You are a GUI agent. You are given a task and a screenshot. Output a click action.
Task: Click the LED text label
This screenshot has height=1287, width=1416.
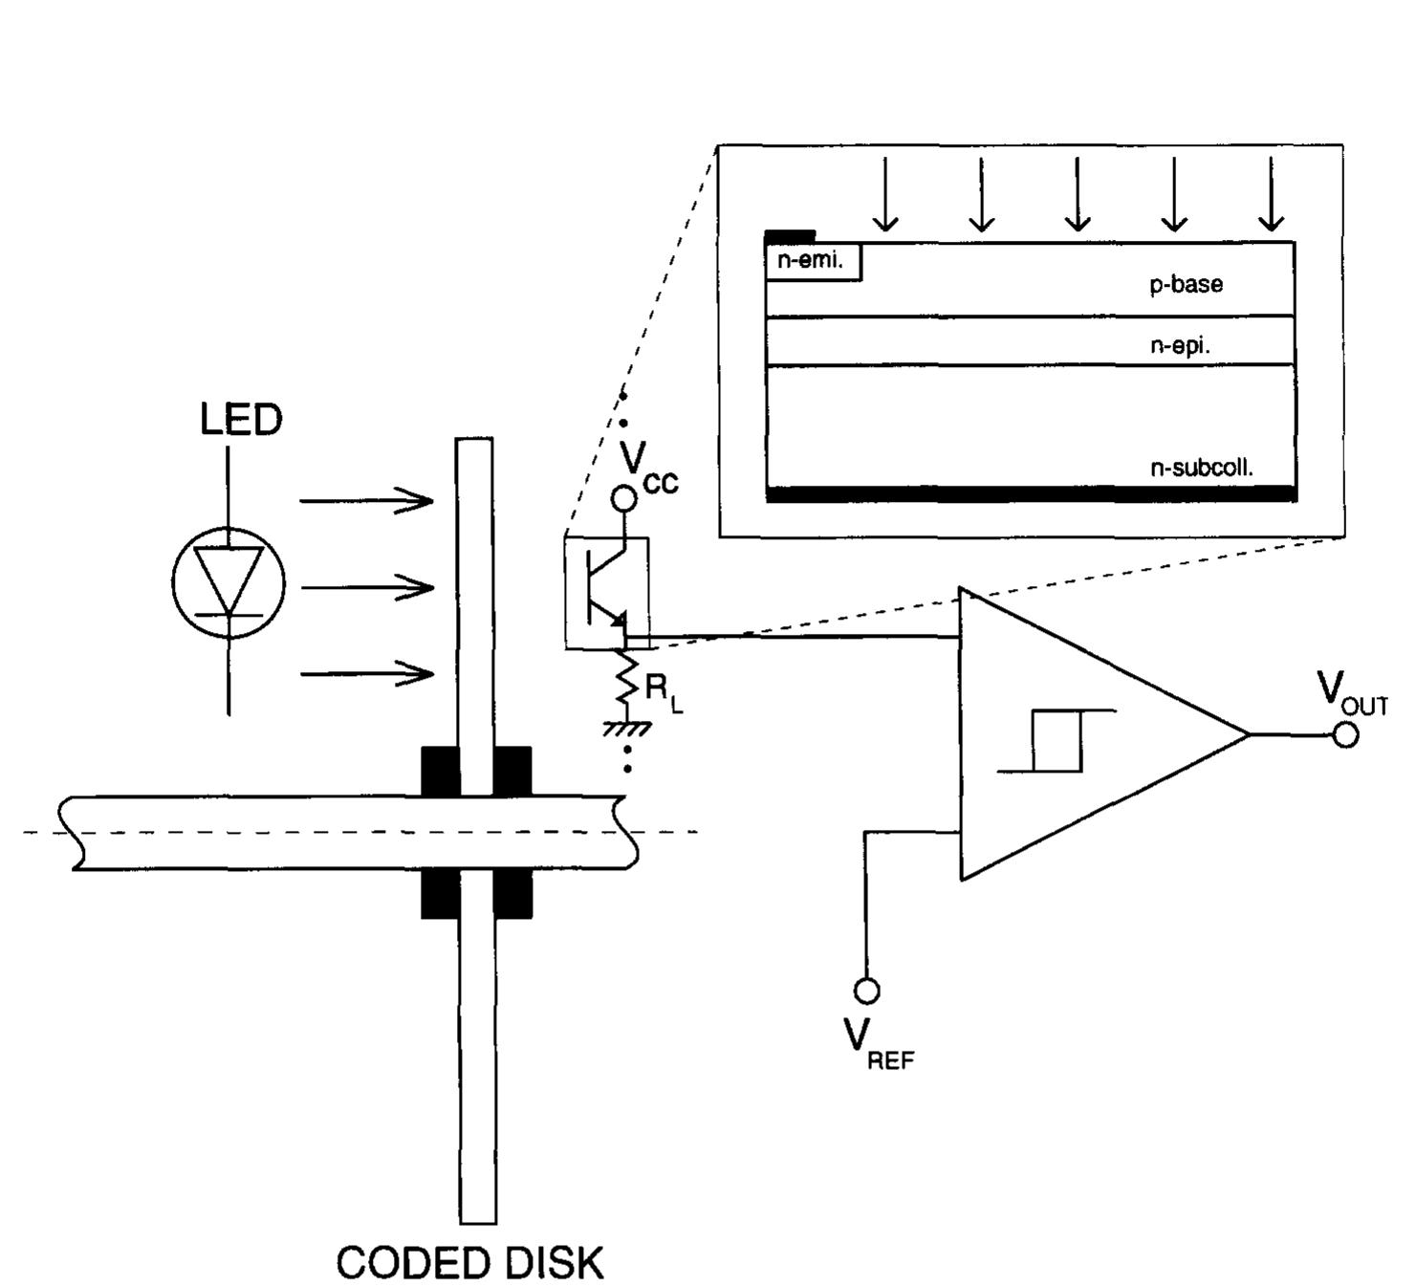241,420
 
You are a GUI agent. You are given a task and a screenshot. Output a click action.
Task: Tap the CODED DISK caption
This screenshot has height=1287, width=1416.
469,1263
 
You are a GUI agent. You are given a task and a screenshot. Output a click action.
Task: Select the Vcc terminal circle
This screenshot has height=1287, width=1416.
623,498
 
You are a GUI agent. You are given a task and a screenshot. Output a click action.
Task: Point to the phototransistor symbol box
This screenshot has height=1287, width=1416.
606,593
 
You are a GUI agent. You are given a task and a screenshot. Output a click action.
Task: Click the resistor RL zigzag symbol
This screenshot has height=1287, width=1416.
626,681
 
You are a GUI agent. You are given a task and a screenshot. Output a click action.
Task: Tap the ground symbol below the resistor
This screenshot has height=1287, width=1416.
626,729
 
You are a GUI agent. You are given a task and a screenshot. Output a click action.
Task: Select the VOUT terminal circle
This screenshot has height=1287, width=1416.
1345,734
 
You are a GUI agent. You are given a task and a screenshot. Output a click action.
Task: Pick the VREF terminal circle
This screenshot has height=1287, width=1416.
866,992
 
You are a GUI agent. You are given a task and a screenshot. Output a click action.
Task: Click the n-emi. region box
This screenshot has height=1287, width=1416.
813,262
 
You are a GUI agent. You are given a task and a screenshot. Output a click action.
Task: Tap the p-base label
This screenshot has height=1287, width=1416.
1186,284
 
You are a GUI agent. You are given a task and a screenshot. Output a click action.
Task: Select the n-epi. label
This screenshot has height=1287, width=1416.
1180,346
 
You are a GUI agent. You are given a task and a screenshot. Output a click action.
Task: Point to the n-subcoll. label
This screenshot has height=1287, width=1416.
1201,468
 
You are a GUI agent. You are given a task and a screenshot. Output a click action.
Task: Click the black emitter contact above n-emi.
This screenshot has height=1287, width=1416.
790,235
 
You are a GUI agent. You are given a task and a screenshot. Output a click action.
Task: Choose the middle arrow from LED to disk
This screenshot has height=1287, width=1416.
366,587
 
